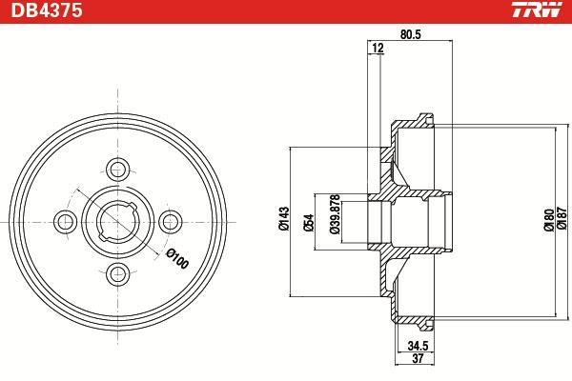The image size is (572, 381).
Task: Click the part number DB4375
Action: [47, 10]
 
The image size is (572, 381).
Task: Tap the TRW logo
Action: [536, 10]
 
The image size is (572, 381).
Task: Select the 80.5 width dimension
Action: [410, 34]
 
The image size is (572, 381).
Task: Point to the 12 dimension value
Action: [378, 48]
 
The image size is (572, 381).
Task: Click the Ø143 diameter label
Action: [284, 218]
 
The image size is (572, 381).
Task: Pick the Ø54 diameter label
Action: [308, 222]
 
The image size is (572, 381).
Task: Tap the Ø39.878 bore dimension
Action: [335, 213]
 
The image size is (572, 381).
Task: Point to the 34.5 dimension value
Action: [418, 345]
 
